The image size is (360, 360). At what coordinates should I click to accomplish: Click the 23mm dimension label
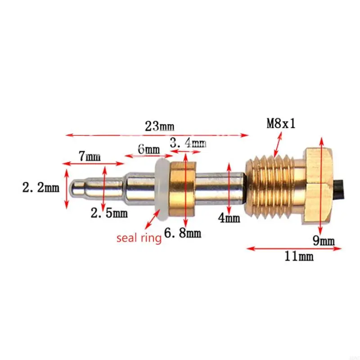click(x=158, y=126)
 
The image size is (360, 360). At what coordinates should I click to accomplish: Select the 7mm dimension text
click(x=90, y=157)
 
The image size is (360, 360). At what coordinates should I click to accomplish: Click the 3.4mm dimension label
click(x=188, y=144)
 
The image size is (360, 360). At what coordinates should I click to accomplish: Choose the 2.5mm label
click(x=109, y=213)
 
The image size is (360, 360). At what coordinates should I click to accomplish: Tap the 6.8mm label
click(x=183, y=234)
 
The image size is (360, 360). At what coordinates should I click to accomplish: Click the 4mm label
click(x=229, y=219)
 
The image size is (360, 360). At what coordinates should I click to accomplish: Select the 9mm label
click(x=324, y=241)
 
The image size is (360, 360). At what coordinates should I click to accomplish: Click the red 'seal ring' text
click(x=139, y=238)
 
